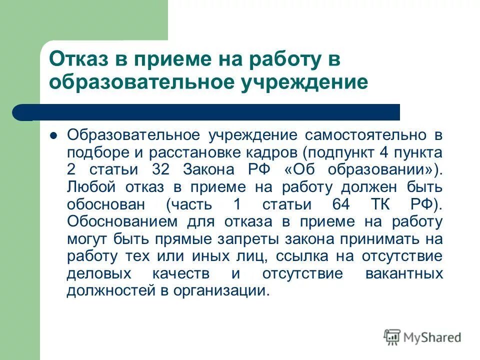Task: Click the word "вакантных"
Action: coord(405,274)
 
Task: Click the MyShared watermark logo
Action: coord(422,336)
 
